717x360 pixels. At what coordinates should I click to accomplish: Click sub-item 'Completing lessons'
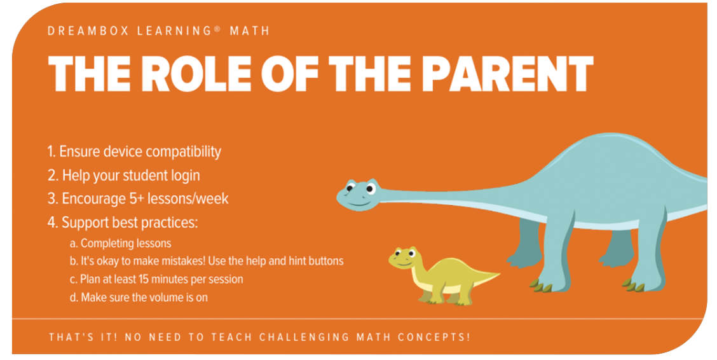point(126,243)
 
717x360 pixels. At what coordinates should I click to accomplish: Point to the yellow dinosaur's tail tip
point(497,275)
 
